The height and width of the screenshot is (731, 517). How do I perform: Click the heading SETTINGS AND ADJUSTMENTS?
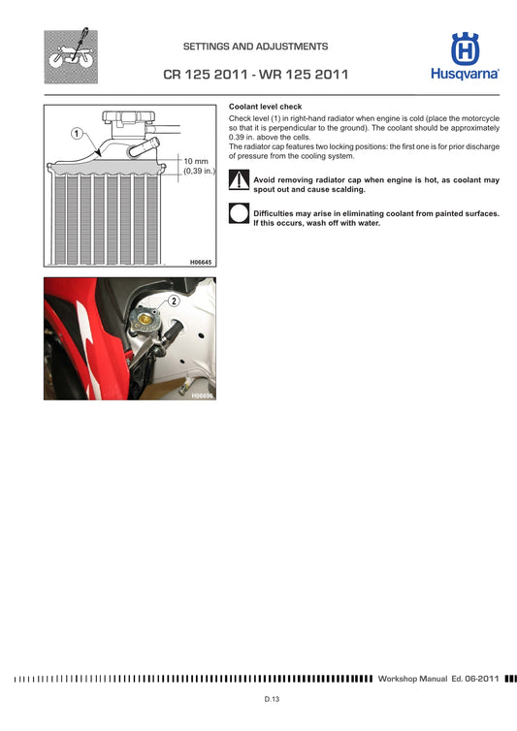[255, 47]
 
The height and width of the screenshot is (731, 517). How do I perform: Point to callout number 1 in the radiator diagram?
[75, 133]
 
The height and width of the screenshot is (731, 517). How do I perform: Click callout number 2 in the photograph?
[174, 301]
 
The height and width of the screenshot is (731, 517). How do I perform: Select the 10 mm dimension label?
[196, 161]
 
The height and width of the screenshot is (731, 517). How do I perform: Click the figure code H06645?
[200, 262]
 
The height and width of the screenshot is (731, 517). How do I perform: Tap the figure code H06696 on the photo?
[202, 396]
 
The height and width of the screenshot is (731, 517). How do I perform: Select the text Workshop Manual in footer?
[412, 678]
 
